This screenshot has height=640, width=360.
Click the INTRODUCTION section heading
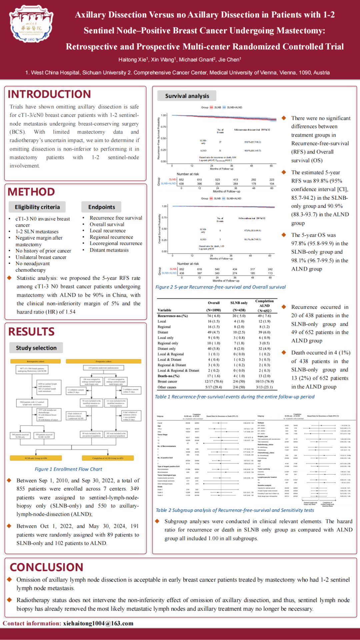[49, 94]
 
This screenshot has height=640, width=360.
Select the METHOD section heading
[31, 192]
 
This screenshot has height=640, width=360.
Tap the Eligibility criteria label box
[37, 207]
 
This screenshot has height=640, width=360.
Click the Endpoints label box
[101, 207]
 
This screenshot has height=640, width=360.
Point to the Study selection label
[36, 348]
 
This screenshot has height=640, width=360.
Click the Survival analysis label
[187, 96]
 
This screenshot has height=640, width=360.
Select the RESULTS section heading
[31, 332]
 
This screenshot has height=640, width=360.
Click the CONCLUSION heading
[47, 567]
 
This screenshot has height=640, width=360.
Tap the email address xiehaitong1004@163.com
[98, 623]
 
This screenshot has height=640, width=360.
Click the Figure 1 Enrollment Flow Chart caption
[68, 469]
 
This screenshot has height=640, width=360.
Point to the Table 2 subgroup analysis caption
[235, 510]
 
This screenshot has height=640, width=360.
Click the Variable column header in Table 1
[164, 310]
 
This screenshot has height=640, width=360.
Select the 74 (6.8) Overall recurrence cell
[214, 316]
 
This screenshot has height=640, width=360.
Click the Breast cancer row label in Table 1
[167, 381]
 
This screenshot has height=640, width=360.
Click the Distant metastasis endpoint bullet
[109, 250]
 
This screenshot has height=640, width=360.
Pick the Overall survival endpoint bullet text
[107, 224]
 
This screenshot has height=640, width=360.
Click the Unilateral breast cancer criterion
[41, 257]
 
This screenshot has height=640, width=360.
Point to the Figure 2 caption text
[221, 287]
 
